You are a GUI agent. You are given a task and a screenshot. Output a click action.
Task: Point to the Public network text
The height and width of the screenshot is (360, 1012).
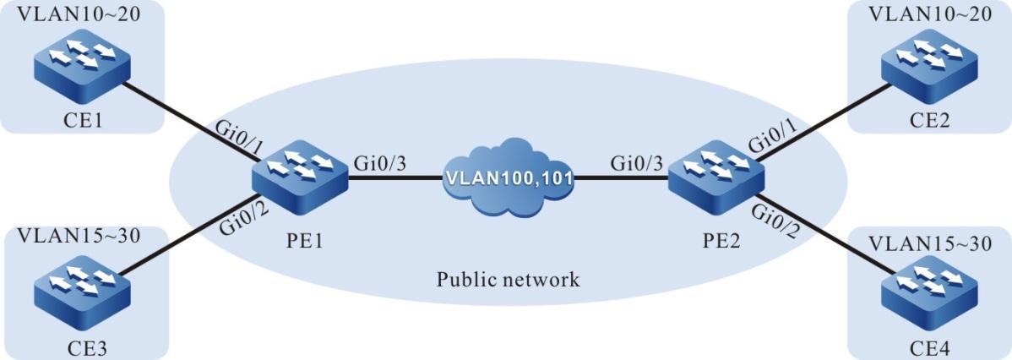point(508,279)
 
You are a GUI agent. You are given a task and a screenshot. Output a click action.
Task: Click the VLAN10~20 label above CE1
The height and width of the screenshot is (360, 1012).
point(81,14)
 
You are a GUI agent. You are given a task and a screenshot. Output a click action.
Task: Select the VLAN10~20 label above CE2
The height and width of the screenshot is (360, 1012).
point(928,14)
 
